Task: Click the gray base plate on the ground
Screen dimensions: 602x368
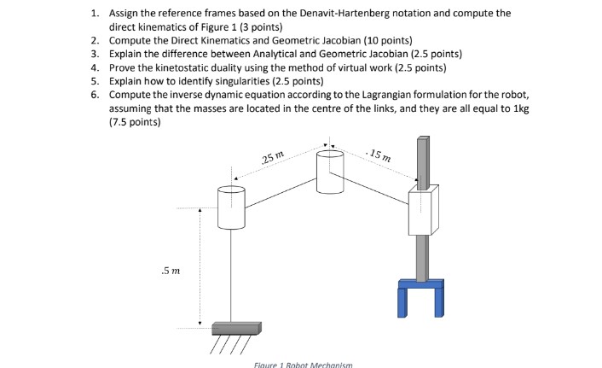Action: [x=235, y=328]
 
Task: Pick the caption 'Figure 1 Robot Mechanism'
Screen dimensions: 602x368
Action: [x=303, y=364]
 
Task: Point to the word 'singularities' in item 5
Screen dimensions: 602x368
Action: [x=236, y=81]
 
